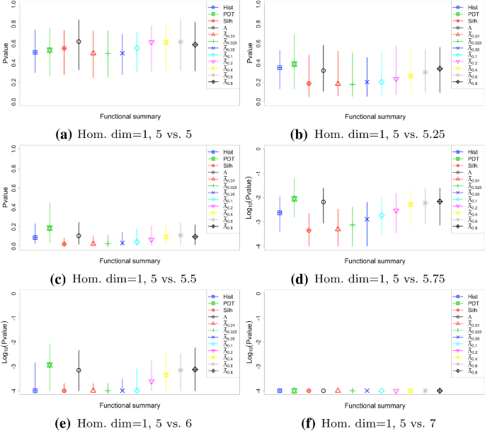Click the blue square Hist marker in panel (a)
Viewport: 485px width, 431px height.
point(35,52)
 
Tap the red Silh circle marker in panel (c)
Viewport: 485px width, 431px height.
point(64,244)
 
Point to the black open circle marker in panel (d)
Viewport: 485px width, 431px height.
point(324,202)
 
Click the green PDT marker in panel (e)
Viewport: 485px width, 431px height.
point(50,365)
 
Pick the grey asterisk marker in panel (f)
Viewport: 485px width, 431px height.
point(425,391)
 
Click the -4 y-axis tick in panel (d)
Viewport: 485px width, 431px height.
point(261,246)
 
